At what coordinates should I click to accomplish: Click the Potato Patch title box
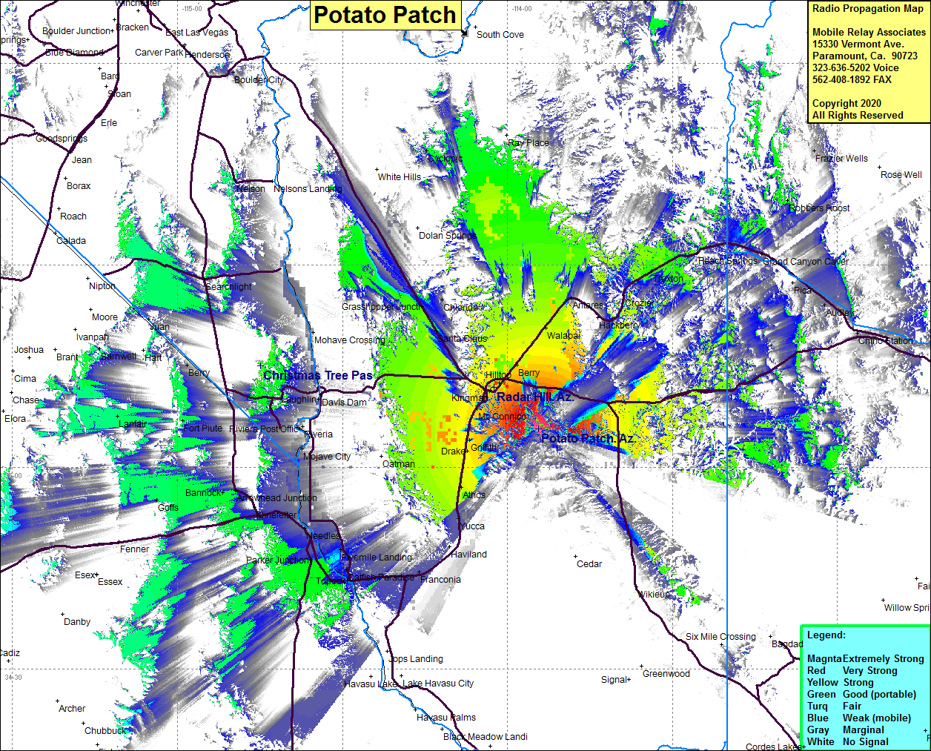(385, 15)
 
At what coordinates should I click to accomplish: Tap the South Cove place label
(500, 34)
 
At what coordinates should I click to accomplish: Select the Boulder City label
(259, 80)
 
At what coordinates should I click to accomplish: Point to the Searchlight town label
(228, 287)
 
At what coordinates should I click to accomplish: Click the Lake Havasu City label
(438, 684)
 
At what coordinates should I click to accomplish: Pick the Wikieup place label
(653, 595)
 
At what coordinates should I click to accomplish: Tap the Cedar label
(589, 564)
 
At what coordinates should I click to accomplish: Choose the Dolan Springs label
(447, 236)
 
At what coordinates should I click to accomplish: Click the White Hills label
(400, 177)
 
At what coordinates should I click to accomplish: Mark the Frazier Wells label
(841, 159)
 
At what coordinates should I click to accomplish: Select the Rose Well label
(901, 175)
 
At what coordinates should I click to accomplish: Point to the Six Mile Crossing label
(720, 637)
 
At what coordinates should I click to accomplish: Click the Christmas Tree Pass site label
(318, 376)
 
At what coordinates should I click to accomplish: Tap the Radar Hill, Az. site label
(534, 397)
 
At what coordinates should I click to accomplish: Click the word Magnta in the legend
(824, 658)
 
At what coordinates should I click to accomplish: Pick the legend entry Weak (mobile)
(877, 718)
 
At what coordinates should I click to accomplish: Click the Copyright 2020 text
(846, 104)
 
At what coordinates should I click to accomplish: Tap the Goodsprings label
(62, 139)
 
